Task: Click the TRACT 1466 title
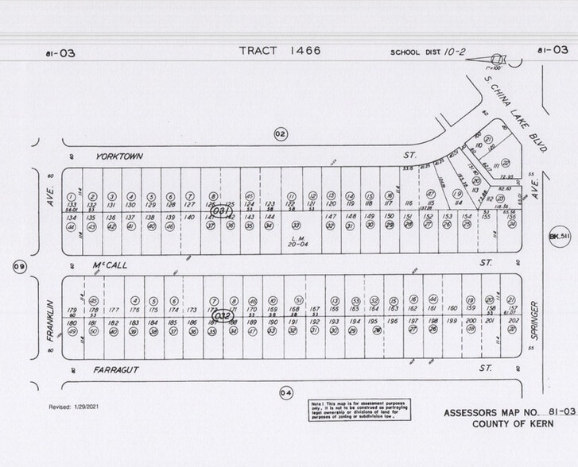280,51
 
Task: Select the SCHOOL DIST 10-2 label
428,52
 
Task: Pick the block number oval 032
220,315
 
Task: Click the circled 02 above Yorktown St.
280,133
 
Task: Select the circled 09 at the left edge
18,266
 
